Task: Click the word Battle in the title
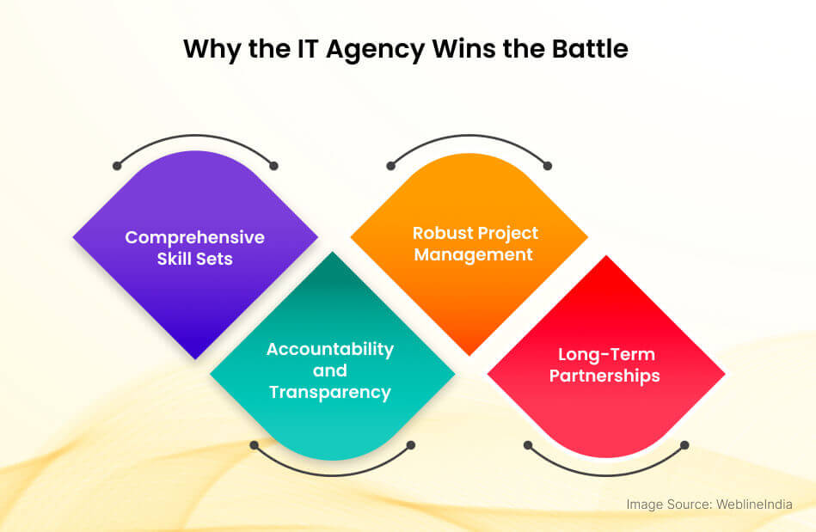[590, 48]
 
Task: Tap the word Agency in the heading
[375, 51]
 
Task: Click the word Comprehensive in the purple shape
[194, 238]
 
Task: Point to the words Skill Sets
[194, 259]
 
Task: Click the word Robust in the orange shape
[443, 233]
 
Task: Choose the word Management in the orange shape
[473, 254]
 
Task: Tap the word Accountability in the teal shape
[330, 350]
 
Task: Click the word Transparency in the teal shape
[330, 393]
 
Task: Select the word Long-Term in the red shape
[606, 355]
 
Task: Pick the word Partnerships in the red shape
[604, 376]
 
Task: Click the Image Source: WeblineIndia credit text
[709, 504]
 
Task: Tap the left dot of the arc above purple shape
[117, 166]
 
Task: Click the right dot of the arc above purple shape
[273, 166]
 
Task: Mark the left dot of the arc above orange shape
[391, 166]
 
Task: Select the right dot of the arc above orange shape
[548, 166]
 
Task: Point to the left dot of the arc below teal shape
[255, 445]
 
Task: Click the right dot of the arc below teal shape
[411, 445]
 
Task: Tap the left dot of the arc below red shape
[528, 445]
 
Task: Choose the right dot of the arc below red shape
[684, 445]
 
